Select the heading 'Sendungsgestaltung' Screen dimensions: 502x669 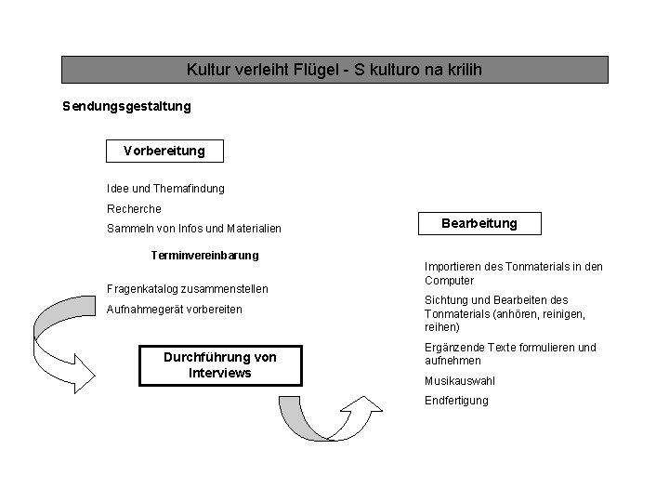tap(126, 106)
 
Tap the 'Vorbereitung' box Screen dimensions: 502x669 tap(164, 150)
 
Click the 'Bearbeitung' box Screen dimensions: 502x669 tap(479, 223)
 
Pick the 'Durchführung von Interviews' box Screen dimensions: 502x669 tap(220, 364)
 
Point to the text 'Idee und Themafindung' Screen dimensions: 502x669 tap(165, 189)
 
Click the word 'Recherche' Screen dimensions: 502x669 tap(134, 209)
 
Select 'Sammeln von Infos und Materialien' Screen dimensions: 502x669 tap(194, 229)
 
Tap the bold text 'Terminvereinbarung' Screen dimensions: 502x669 tap(204, 255)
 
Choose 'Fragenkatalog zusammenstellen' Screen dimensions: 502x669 tap(189, 289)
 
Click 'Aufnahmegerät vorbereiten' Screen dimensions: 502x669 tap(175, 309)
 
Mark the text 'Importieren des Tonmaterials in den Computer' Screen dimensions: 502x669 tap(513, 273)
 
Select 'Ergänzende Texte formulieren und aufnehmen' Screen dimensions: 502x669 tap(510, 353)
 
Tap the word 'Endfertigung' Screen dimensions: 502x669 tap(456, 401)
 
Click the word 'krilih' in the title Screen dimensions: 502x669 tap(462, 70)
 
